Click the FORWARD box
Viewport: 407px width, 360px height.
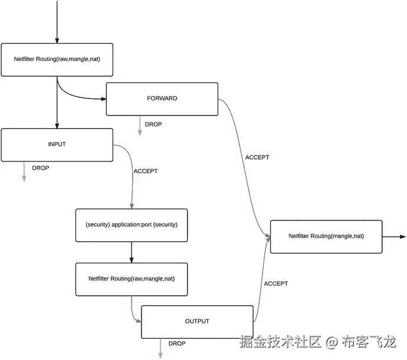point(162,98)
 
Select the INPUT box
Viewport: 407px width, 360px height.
point(57,144)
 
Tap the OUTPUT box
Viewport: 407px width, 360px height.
point(197,321)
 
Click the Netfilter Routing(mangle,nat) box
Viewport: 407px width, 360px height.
point(326,236)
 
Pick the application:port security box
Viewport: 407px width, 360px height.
point(132,224)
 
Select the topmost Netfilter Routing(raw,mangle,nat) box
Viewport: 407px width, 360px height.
point(57,59)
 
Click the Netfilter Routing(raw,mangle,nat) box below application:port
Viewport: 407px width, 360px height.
point(132,279)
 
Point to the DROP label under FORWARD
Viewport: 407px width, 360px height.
point(153,124)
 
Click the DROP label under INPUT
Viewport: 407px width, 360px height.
point(41,168)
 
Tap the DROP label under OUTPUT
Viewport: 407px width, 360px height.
point(177,344)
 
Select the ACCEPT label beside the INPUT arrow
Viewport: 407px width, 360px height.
point(146,171)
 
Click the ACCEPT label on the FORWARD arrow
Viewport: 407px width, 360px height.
point(257,157)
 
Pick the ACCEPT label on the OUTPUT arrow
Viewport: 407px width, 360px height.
point(276,283)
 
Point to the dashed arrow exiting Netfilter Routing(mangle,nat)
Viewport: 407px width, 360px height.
point(394,237)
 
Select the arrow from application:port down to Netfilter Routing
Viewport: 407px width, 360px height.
point(132,252)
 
